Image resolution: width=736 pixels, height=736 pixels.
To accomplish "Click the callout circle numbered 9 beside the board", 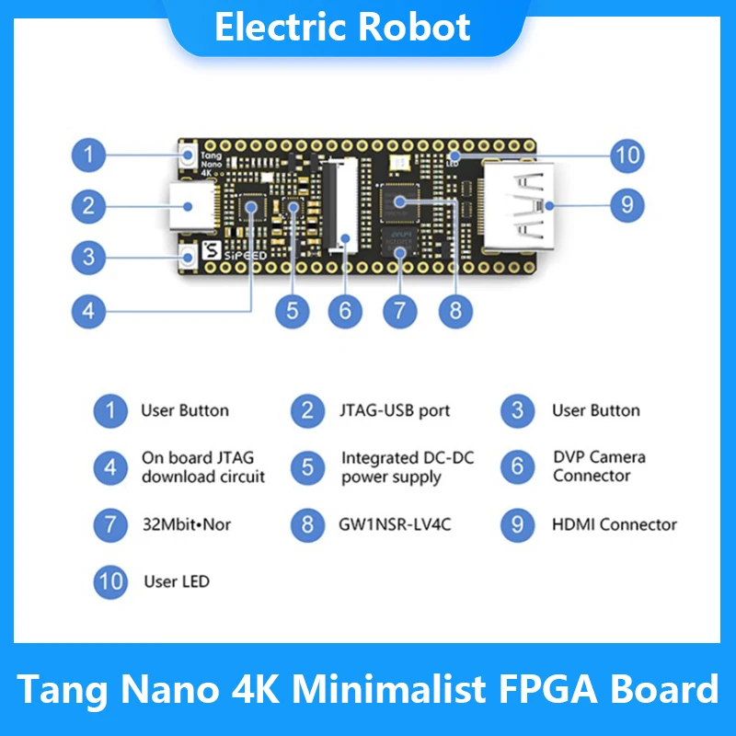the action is [x=627, y=203].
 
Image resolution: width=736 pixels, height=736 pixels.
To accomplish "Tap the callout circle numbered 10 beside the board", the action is [x=627, y=155].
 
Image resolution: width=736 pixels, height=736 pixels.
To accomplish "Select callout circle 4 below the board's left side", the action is [x=88, y=311].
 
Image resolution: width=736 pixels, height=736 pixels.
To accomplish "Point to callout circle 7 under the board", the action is [x=399, y=311].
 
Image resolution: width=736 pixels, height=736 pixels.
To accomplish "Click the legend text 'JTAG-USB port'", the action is [x=396, y=410].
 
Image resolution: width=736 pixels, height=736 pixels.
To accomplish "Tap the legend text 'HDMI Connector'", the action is [x=614, y=525].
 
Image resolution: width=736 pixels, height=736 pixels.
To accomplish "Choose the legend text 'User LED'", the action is [x=177, y=581].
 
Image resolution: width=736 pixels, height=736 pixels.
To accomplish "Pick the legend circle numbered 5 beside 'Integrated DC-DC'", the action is [x=307, y=467].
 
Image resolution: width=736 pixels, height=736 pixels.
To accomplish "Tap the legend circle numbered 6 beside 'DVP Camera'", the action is [x=518, y=467].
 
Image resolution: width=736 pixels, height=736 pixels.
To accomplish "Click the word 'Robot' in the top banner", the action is [x=406, y=28].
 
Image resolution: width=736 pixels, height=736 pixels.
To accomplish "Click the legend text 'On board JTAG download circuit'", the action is [x=202, y=467].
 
